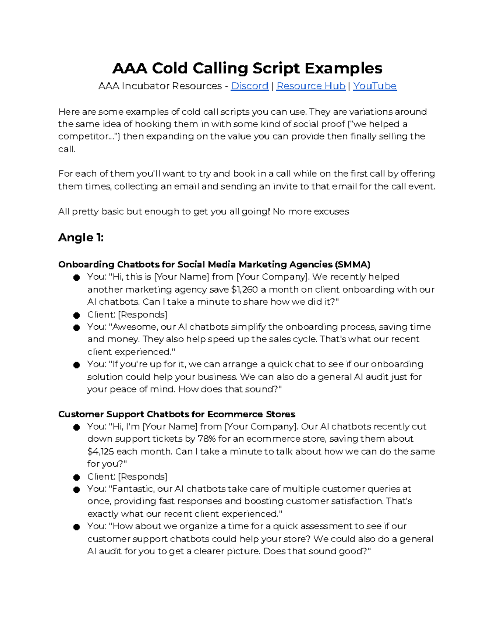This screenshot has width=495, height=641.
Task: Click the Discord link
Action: click(250, 86)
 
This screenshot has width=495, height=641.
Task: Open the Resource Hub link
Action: click(311, 86)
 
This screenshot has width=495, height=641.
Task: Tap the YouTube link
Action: click(375, 86)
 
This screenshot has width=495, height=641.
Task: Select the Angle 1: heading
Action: click(81, 237)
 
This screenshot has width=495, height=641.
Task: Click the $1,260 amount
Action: click(245, 289)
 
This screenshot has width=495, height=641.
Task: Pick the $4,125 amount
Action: click(101, 452)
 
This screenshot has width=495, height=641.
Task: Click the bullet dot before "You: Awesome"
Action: click(76, 328)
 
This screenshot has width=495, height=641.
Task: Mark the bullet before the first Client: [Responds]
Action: click(76, 316)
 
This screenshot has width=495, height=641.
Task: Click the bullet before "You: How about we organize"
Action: click(76, 527)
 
